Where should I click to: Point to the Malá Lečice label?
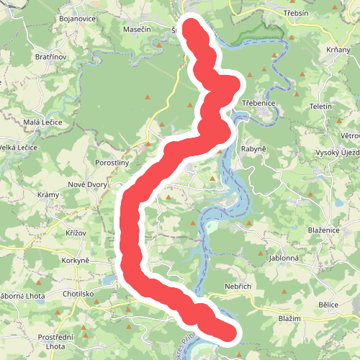click(x=43, y=122)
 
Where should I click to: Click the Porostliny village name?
click(x=112, y=163)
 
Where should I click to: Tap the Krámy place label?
click(x=48, y=196)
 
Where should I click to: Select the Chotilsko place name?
click(x=79, y=294)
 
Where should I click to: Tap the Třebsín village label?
click(x=295, y=14)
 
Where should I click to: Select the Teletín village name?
click(x=320, y=106)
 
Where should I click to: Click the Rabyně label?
click(x=253, y=149)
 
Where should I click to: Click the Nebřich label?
click(x=237, y=287)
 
